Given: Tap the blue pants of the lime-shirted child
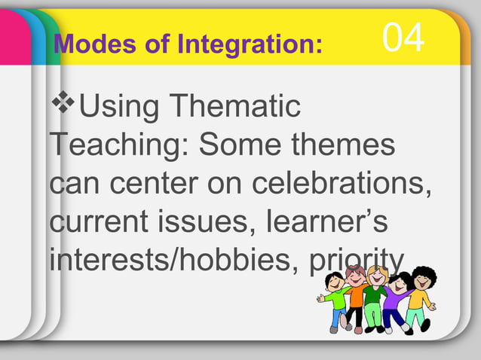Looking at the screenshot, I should [337, 317].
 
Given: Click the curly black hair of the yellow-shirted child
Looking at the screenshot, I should [424, 272].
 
